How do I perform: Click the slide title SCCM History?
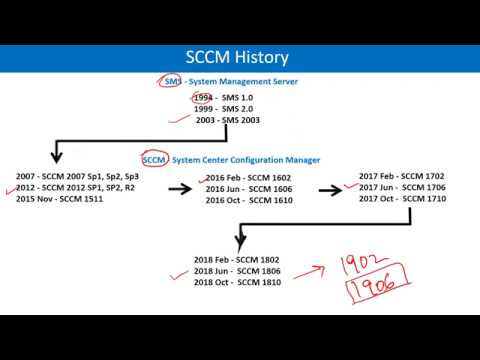[x=239, y=57]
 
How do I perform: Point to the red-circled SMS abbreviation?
[x=170, y=81]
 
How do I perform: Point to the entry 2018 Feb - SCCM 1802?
[x=238, y=260]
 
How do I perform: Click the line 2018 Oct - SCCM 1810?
[x=238, y=283]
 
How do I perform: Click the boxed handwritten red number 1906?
[x=368, y=287]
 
